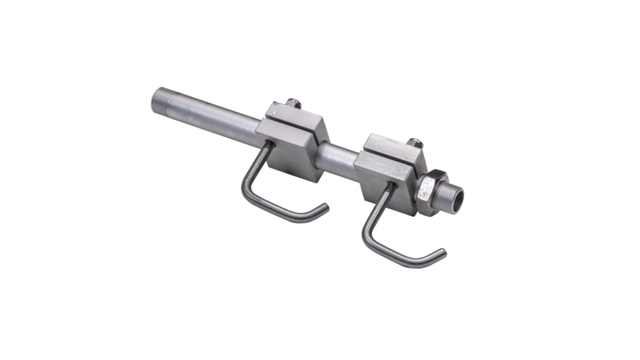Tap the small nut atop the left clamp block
click(293, 103)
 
